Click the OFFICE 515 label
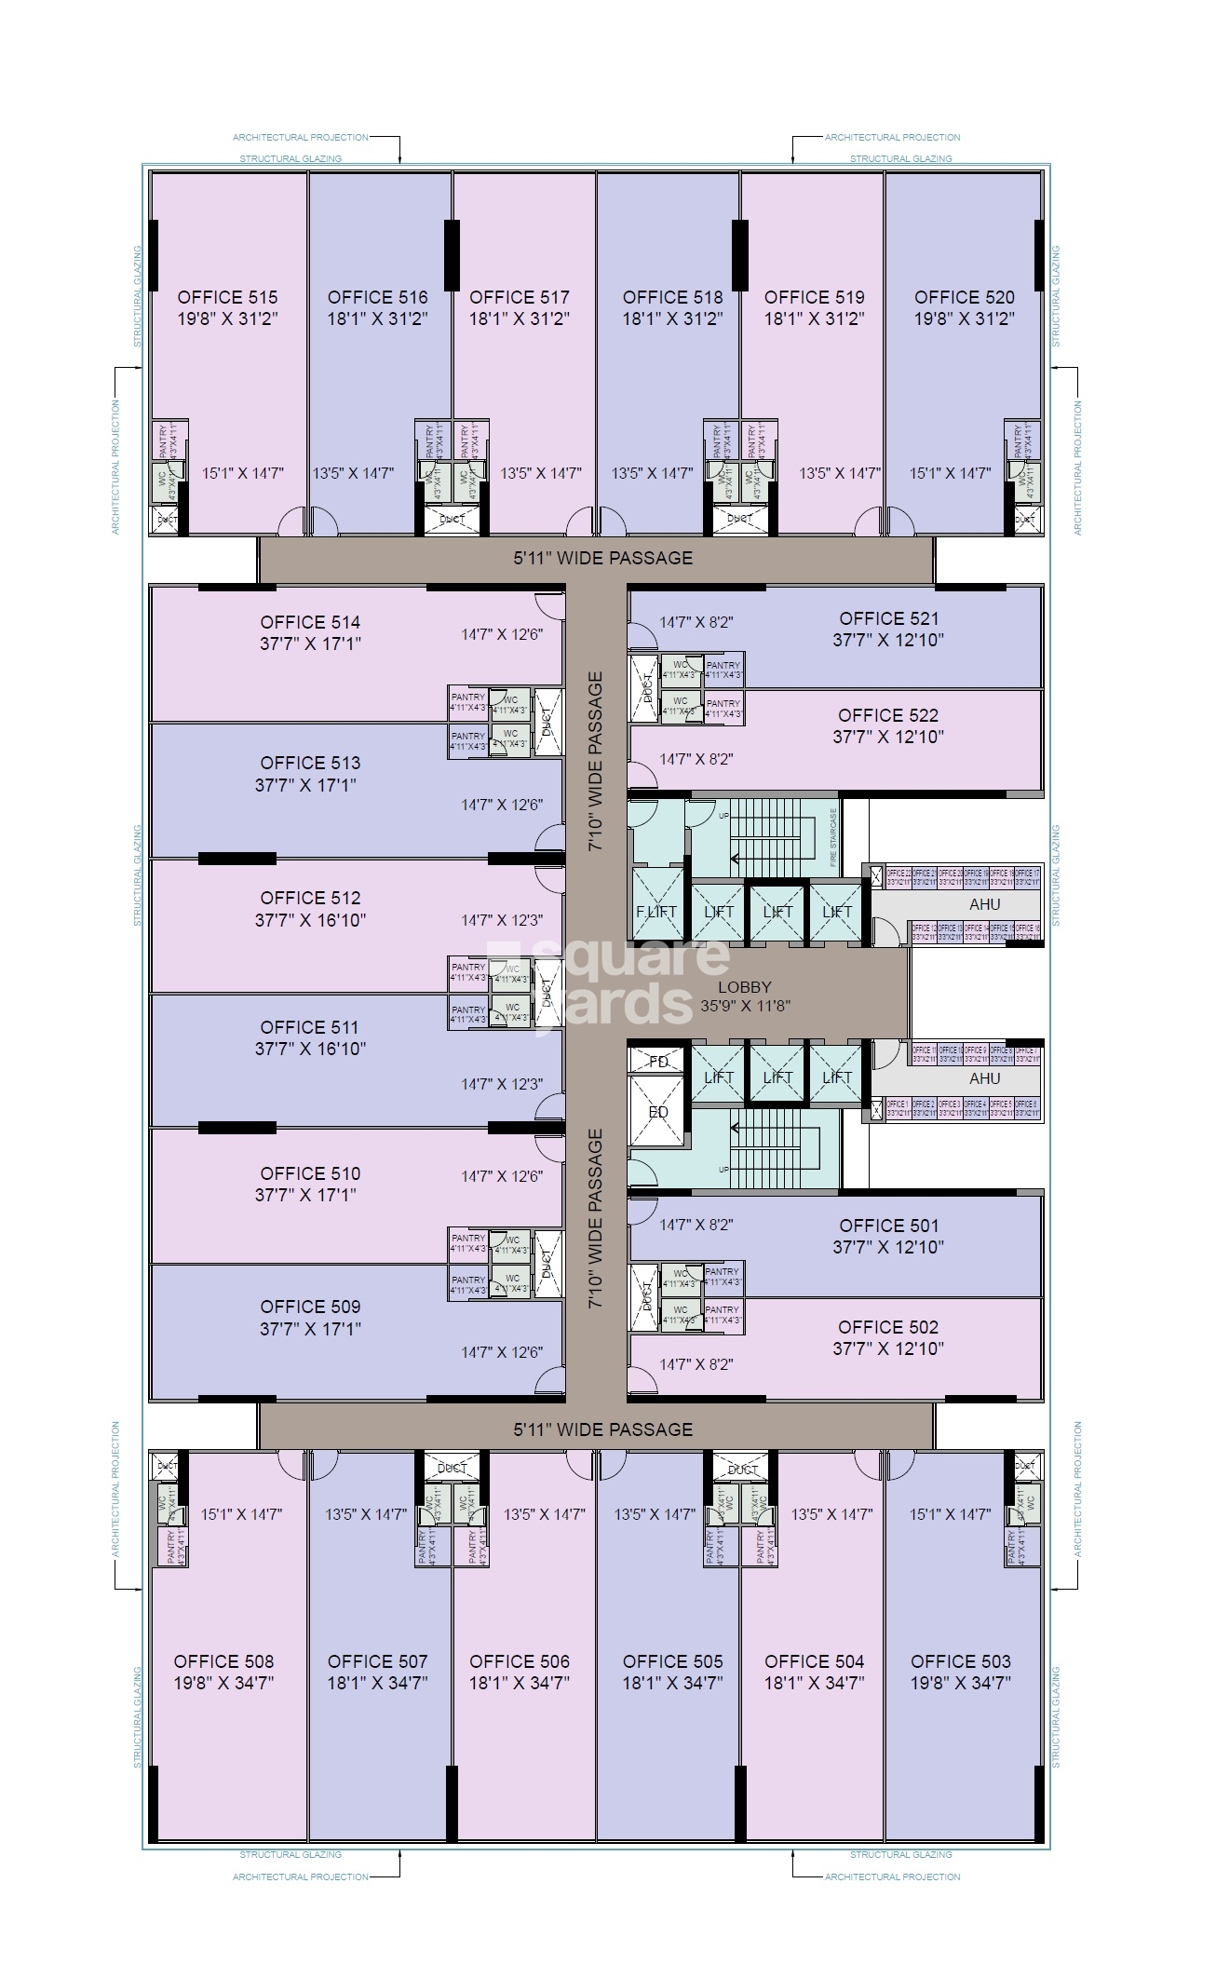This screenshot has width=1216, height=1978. (x=227, y=297)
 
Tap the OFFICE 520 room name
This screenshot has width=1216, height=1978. (x=964, y=297)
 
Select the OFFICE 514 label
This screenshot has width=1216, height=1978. (x=310, y=622)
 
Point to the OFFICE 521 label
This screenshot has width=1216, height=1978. (x=888, y=618)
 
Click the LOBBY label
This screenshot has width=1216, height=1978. (x=745, y=987)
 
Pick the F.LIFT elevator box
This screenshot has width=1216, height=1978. (x=656, y=912)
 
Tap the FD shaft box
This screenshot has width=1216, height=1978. (x=658, y=1062)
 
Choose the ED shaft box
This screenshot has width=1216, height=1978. (x=658, y=1112)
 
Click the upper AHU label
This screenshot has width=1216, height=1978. (x=984, y=904)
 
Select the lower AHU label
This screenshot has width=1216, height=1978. (x=984, y=1078)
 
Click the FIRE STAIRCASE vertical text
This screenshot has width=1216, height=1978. (x=833, y=836)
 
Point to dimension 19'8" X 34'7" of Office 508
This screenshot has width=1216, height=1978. (x=223, y=1683)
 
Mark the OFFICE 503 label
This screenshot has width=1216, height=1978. (x=960, y=1661)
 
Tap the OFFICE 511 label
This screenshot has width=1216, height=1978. (x=309, y=1027)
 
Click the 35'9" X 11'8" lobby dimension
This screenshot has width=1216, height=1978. (x=745, y=1006)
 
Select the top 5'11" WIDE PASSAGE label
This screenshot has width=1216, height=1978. (x=602, y=558)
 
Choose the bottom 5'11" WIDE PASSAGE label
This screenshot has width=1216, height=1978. (x=602, y=1429)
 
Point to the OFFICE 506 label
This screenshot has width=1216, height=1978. (x=519, y=1661)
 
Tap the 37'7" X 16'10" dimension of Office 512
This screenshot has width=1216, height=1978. (x=310, y=920)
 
